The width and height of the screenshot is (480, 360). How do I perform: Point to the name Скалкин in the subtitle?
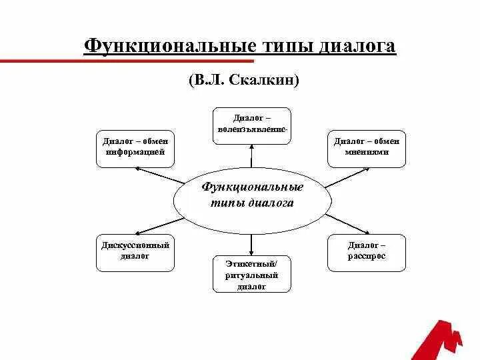pyautogui.click(x=263, y=81)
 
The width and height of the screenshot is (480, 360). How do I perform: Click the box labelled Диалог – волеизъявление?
pyautogui.click(x=251, y=125)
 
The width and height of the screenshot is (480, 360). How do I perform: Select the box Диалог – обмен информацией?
pyautogui.click(x=135, y=148)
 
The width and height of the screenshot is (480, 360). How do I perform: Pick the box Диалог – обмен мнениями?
pyautogui.click(x=366, y=148)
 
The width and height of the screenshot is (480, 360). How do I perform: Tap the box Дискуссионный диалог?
pyautogui.click(x=135, y=252)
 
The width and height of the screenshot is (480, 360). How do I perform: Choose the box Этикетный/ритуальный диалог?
pyautogui.click(x=251, y=274)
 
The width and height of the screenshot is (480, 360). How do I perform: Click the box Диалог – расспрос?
pyautogui.click(x=366, y=252)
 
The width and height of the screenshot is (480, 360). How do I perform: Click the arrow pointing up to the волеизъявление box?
pyautogui.click(x=251, y=156)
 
